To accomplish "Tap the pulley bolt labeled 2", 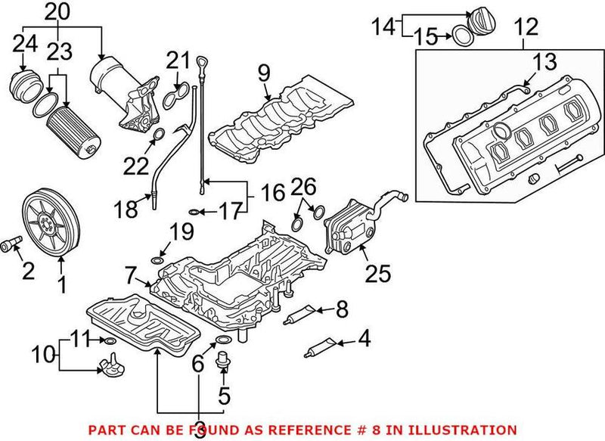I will coord(12,244).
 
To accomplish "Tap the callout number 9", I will coord(263,73).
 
